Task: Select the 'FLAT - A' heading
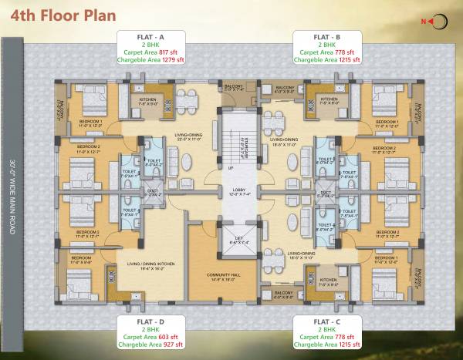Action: pyautogui.click(x=150, y=36)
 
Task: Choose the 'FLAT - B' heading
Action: pyautogui.click(x=322, y=36)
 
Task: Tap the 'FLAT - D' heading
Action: pyautogui.click(x=150, y=319)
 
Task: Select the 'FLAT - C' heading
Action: pyautogui.click(x=322, y=319)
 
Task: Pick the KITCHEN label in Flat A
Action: pyautogui.click(x=149, y=99)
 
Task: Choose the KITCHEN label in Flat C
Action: pyautogui.click(x=328, y=280)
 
